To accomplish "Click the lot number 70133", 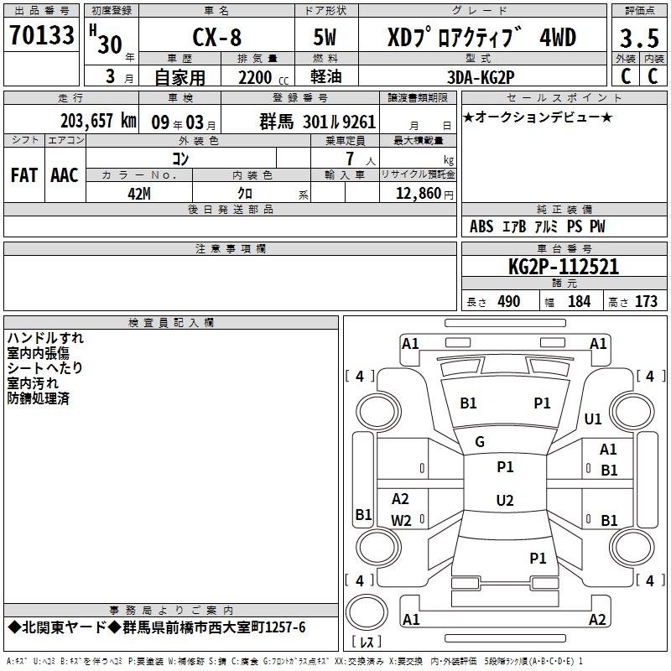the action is (41, 35).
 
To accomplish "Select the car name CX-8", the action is (217, 37).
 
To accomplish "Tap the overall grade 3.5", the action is (639, 39).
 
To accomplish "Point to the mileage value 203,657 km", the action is (98, 121).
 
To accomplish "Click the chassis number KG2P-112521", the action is (564, 267).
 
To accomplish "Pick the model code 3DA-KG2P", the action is (481, 77).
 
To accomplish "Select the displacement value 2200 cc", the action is (263, 78).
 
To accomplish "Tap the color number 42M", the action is (139, 194).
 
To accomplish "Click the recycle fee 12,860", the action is (419, 194).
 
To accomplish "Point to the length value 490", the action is (509, 302).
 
